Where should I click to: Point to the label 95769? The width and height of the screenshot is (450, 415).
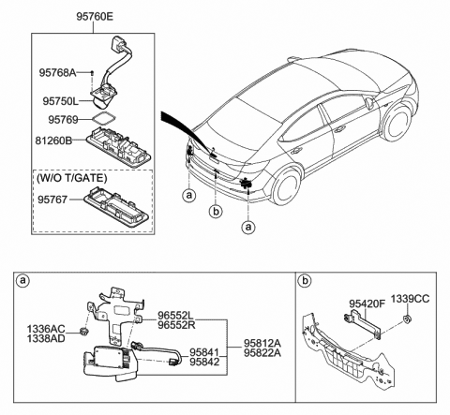point(62,119)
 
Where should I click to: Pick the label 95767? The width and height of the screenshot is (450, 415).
point(59,198)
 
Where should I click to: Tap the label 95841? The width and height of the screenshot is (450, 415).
point(204,353)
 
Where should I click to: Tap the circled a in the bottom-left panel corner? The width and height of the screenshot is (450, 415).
point(23,279)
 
